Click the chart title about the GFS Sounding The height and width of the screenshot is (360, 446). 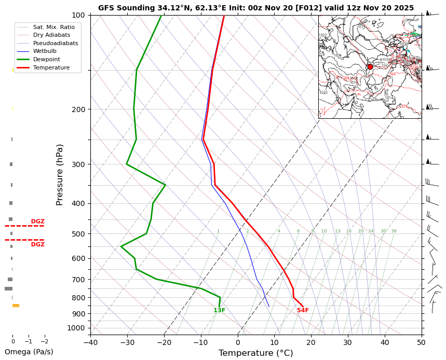pos(256,8)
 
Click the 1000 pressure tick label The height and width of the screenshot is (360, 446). pos(76,328)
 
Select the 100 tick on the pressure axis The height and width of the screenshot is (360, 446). pos(78,15)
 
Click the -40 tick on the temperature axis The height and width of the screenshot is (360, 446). pos(90,342)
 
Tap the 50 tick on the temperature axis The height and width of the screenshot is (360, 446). pos(421,342)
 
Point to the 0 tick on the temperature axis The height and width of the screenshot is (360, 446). pos(238,342)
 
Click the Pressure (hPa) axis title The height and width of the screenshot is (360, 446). pos(60,174)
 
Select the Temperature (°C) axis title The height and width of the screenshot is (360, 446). pos(255,353)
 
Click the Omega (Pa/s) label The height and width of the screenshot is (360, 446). pos(29,352)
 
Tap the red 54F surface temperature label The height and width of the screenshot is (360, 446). pos(303,310)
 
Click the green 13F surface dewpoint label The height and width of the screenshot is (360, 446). pos(219,310)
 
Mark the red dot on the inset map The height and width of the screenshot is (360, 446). pos(370,66)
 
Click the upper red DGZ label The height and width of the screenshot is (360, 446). pos(37,221)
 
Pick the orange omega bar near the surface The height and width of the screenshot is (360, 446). pos(16,306)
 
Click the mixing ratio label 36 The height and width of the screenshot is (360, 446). pos(394,231)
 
